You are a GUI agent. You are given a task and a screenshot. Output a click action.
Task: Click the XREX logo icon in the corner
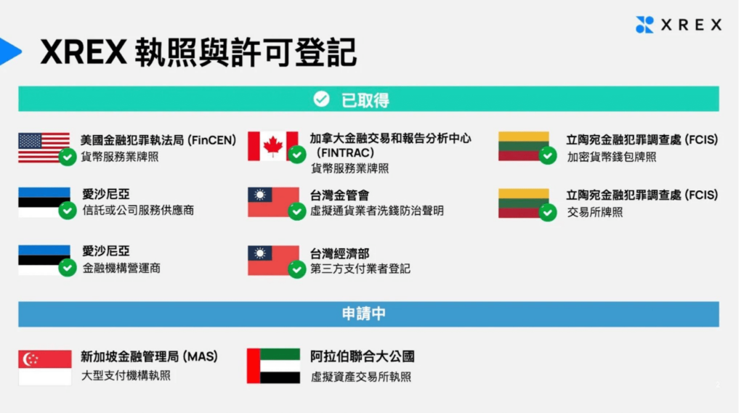pos(644,25)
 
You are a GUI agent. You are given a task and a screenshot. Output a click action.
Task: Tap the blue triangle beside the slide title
pos(9,52)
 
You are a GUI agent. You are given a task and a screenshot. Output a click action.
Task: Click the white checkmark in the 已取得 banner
pos(321,99)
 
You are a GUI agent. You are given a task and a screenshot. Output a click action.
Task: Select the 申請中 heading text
pos(363,314)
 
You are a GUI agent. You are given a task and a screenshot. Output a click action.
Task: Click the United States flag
pos(44,148)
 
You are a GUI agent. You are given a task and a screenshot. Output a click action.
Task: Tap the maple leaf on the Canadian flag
pos(273,146)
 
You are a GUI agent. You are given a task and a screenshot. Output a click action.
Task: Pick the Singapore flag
pos(44,367)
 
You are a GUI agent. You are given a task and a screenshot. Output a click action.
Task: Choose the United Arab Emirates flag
pos(273,366)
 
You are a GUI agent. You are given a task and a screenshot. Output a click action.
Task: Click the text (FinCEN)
pos(211,140)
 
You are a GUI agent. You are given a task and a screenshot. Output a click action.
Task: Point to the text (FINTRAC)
pos(345,152)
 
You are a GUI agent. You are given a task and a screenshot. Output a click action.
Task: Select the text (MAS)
pos(200,356)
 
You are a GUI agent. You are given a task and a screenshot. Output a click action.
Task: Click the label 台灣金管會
pos(339,195)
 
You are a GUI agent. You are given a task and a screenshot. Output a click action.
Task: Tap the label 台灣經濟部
pos(339,254)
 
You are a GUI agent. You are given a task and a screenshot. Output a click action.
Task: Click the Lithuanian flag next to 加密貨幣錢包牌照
pos(523,147)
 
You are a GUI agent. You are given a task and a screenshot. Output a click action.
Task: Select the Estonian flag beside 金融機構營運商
pos(44,260)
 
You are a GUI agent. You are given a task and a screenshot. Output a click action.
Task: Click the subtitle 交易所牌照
pos(594,213)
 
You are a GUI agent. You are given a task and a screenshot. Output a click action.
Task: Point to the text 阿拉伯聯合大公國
pos(363,356)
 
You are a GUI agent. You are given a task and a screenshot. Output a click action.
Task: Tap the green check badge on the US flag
pos(68,157)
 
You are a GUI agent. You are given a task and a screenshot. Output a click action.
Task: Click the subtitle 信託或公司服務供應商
pos(138,210)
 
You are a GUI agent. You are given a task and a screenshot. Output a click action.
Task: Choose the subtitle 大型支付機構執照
pos(126,375)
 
